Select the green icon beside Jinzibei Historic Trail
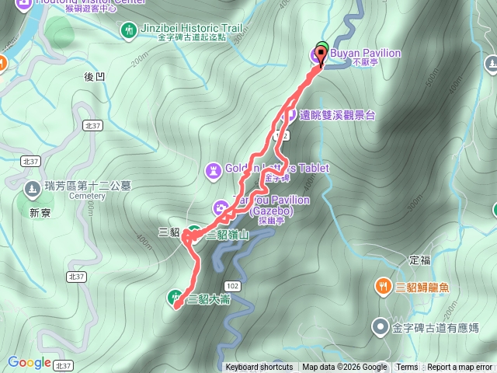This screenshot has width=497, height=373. pyautogui.click(x=128, y=30)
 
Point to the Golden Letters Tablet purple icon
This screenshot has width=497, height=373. pyautogui.click(x=213, y=169)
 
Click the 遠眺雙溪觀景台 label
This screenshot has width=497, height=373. pyautogui.click(x=338, y=115)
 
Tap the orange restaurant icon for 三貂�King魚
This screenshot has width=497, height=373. pyautogui.click(x=383, y=287)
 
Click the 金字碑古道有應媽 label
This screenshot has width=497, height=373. pyautogui.click(x=436, y=328)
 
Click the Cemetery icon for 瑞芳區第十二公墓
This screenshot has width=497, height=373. pyautogui.click(x=32, y=188)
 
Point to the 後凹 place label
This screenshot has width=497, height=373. pyautogui.click(x=93, y=75)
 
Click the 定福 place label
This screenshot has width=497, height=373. pyautogui.click(x=419, y=260)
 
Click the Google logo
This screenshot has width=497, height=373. pyautogui.click(x=30, y=362)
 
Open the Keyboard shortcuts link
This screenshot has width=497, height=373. pyautogui.click(x=259, y=368)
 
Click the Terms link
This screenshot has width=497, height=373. pyautogui.click(x=407, y=368)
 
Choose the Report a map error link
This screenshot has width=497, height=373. pyautogui.click(x=461, y=368)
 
